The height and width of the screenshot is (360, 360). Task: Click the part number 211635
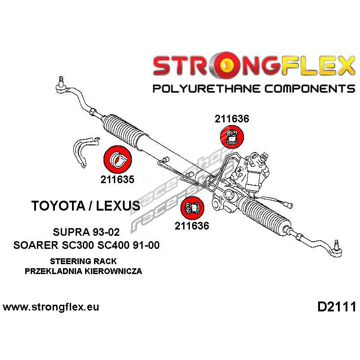point(117,179)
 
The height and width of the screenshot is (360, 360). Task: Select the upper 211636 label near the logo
point(232,119)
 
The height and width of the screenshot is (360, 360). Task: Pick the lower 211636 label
point(192,226)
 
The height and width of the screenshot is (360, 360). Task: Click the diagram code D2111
point(337,307)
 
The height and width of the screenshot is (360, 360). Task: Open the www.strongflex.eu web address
point(51,307)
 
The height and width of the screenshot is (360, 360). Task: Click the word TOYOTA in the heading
point(58,206)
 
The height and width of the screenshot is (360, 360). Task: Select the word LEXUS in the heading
point(118,206)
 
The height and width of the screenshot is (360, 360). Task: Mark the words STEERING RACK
point(83,261)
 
